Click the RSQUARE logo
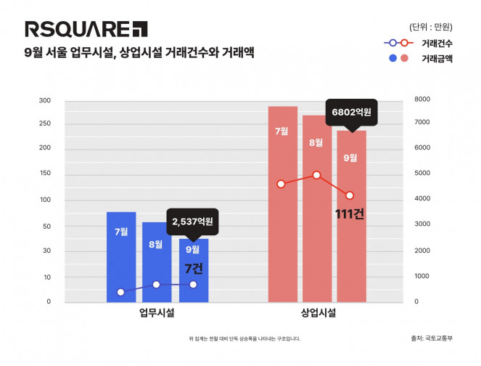[x=86, y=29]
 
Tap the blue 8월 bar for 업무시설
[x=156, y=261]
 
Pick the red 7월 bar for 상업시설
[x=282, y=203]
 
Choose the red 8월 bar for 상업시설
[x=316, y=211]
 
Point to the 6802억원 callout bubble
[x=351, y=113]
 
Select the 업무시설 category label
[x=157, y=314]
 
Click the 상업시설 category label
[x=318, y=314]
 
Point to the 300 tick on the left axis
[x=45, y=100]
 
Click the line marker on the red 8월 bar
[x=316, y=175]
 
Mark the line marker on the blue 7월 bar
[x=121, y=292]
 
